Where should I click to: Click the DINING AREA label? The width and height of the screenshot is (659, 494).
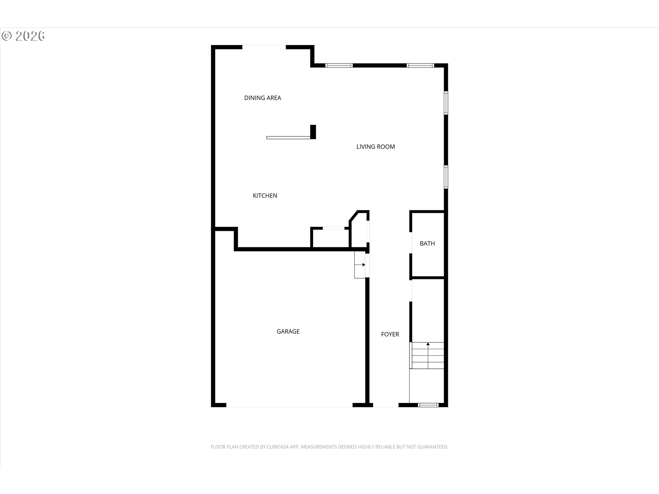[263, 98]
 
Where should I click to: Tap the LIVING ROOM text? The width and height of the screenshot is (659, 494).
[375, 146]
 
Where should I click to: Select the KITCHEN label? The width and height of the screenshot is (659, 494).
[265, 196]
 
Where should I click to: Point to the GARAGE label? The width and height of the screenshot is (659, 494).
[288, 331]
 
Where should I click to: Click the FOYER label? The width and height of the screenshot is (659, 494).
[390, 334]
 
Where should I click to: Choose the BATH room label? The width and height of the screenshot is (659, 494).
[427, 243]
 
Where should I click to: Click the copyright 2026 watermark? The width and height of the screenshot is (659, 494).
[23, 36]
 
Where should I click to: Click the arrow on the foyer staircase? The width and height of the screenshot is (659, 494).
[428, 350]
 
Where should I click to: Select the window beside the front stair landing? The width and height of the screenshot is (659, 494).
[428, 405]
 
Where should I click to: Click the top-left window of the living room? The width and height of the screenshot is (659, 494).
[339, 65]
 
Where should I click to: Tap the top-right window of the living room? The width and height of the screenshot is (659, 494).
[420, 65]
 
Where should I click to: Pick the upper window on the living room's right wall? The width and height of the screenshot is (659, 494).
[446, 103]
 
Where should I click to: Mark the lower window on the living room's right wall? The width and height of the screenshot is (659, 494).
[446, 177]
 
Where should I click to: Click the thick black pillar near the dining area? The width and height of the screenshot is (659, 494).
[313, 132]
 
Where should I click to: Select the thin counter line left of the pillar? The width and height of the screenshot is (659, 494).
[288, 138]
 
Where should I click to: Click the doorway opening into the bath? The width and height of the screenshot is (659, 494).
[411, 243]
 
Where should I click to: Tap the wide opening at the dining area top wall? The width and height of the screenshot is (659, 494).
[264, 47]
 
